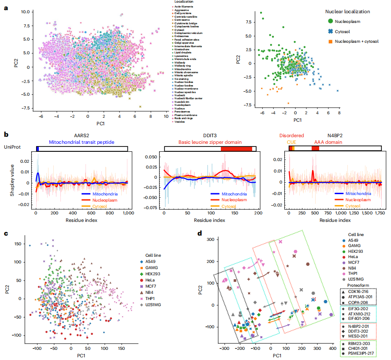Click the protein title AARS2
82,137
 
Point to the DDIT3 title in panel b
209,137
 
